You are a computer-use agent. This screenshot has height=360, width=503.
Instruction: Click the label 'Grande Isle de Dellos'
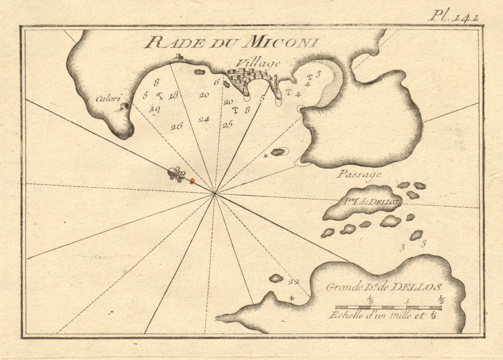384,286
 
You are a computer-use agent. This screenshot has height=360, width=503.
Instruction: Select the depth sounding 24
204,119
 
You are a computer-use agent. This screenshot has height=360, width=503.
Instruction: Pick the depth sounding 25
227,125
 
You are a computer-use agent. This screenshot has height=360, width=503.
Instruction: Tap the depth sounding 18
173,96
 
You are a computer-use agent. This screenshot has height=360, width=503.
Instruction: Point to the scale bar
389,307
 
